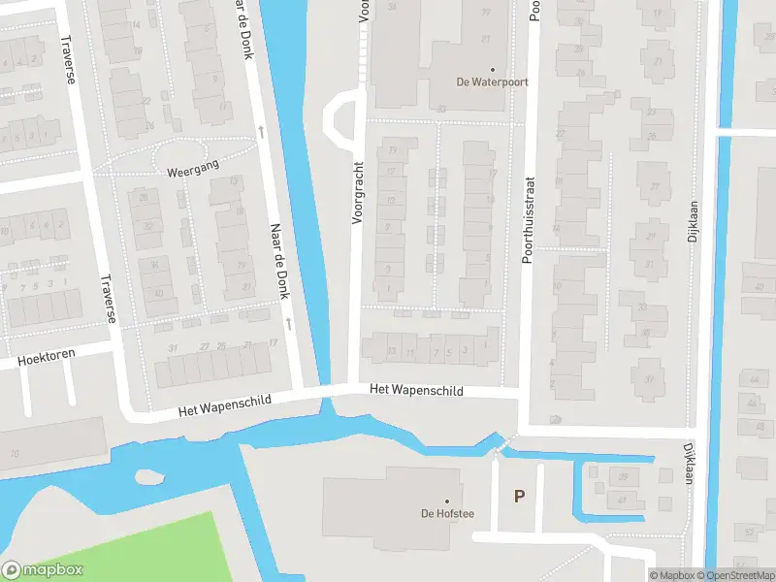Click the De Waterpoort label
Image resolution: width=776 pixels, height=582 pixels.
[x=492, y=82]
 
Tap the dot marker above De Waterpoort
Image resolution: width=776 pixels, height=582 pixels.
[x=492, y=69]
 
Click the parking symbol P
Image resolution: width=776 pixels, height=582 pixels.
[x=519, y=496]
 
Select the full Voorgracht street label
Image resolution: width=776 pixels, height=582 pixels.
[x=357, y=192]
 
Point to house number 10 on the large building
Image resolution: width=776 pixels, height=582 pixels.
[x=15, y=454]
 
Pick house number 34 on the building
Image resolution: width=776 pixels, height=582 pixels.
[x=392, y=7]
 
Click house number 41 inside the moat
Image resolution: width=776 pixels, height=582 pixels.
[x=622, y=500]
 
